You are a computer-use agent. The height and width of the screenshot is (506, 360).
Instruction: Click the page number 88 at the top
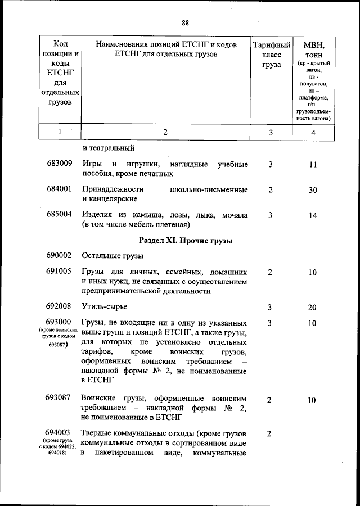tap(185, 22)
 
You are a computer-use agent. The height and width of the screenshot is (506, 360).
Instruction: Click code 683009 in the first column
tap(59, 164)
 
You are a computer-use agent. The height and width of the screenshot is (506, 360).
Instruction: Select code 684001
tap(59, 189)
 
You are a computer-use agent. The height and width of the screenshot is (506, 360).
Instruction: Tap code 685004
tap(59, 215)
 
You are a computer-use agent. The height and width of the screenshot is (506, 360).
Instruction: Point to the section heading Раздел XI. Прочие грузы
tap(186, 241)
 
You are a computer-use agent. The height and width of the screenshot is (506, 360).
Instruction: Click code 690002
tap(59, 256)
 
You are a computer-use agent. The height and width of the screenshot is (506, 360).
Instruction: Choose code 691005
tap(59, 271)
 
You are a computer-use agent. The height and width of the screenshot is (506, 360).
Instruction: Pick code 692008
tap(59, 306)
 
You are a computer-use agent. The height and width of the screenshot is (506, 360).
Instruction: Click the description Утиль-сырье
tap(104, 306)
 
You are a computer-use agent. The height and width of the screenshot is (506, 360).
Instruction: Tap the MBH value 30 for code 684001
tap(313, 190)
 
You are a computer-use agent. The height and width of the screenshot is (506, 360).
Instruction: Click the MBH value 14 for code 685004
tap(313, 215)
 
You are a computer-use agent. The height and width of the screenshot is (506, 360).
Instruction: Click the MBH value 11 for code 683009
tap(313, 165)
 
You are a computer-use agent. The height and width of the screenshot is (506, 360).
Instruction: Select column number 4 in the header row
tap(313, 133)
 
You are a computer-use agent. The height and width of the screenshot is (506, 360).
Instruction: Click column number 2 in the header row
tap(165, 133)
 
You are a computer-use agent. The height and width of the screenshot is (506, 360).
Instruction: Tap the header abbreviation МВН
tap(313, 44)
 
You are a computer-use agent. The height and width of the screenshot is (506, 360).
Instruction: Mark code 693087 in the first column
tap(59, 398)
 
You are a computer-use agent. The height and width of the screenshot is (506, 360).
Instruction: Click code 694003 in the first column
tap(59, 433)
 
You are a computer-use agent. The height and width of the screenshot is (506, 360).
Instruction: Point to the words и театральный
tap(108, 148)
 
